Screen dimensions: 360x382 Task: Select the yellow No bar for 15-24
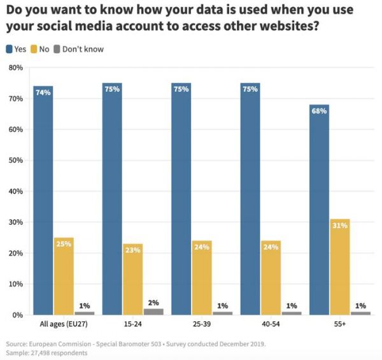point(133,279)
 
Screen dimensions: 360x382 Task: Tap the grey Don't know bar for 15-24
point(153,312)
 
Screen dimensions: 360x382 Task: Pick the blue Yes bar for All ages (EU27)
point(43,200)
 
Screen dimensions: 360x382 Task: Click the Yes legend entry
point(17,49)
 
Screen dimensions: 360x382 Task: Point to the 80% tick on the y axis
point(15,68)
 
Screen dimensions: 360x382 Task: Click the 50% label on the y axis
point(15,161)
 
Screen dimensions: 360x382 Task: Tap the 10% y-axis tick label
point(15,284)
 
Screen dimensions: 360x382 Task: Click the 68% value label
point(320,111)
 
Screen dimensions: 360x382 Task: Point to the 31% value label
point(340,226)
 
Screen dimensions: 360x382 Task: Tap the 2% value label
point(153,303)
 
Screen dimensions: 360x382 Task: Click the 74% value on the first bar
point(43,92)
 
